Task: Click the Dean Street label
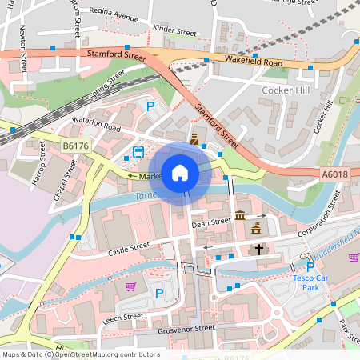[210, 224]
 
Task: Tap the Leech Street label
[122, 317]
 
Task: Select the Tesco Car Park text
[311, 283]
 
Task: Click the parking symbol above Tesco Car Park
[310, 267]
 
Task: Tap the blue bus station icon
[138, 152]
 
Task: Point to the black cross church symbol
[258, 250]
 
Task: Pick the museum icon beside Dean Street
[241, 216]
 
